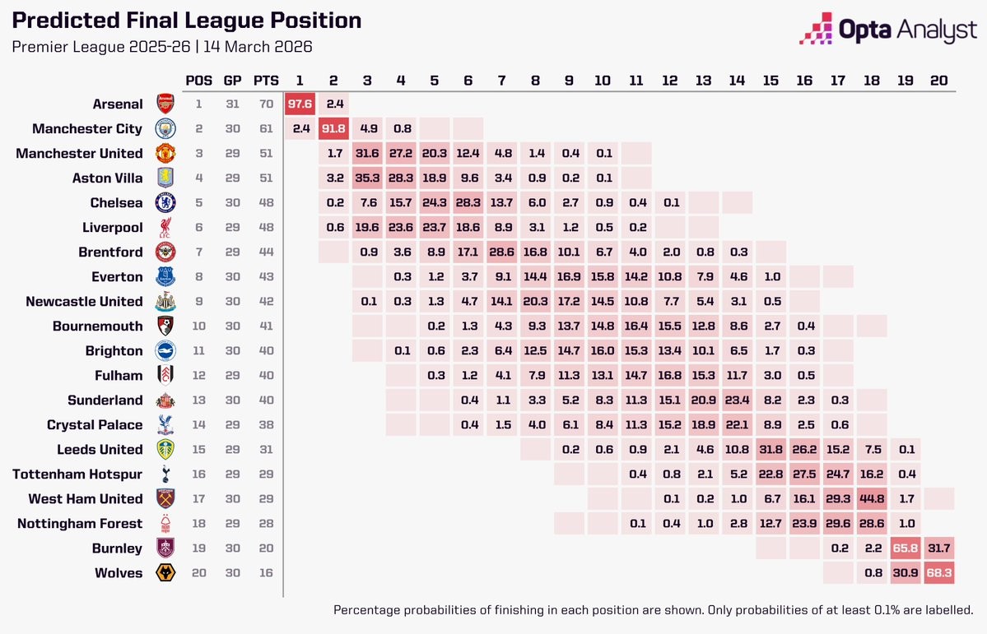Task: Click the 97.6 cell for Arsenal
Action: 300,104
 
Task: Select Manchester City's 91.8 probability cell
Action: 333,128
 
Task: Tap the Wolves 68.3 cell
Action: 938,572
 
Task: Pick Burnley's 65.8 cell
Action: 905,548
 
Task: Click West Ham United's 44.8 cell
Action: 871,498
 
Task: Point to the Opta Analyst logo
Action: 888,30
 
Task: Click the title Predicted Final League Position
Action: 186,21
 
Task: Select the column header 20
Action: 938,81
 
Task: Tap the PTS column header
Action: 266,81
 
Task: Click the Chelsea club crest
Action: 166,202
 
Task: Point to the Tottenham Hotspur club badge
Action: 166,474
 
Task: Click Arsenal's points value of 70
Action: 266,104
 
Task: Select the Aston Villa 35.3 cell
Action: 367,178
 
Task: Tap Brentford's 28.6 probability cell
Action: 501,252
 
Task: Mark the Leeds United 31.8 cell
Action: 771,449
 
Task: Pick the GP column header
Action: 233,81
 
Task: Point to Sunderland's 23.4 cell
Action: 737,400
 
